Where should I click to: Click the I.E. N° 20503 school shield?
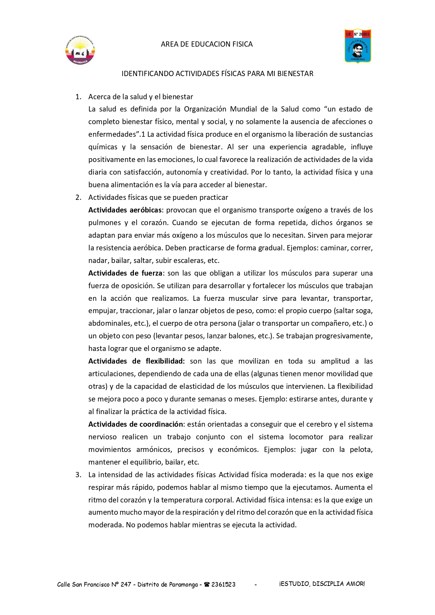tap(358, 46)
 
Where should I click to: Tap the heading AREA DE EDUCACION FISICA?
tap(206, 44)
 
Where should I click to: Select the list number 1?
tap(78, 97)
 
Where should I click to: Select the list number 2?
tap(78, 197)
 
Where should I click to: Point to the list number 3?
tap(78, 475)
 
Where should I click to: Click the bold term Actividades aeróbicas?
tap(125, 210)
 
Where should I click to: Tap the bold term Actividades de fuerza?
tap(125, 273)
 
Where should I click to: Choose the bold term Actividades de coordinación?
tap(135, 424)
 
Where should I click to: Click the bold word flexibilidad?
tap(165, 361)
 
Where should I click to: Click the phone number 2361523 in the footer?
tap(223, 584)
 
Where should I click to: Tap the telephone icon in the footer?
tap(207, 584)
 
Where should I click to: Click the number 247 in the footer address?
tap(126, 584)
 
